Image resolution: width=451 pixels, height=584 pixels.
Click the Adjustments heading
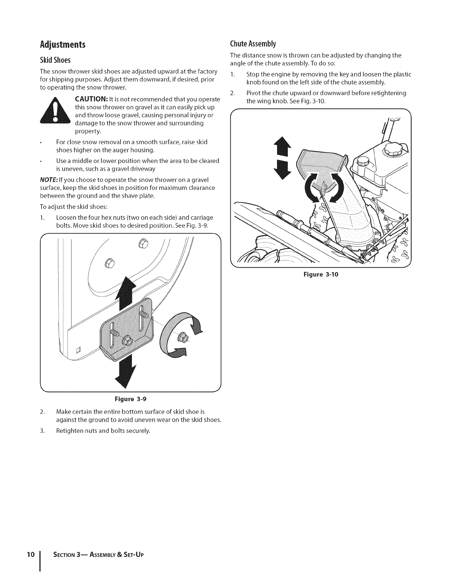click(63, 45)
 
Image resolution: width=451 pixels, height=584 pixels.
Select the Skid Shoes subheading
click(55, 60)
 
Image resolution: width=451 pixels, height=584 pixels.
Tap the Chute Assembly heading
click(253, 44)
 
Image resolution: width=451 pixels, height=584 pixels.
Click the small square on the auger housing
click(78, 350)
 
